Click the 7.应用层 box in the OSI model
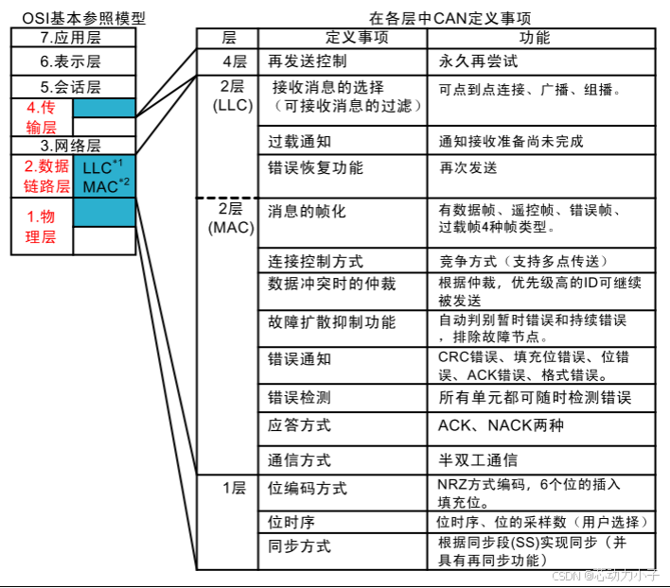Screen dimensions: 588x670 [72, 38]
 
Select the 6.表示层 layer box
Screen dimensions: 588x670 [72, 61]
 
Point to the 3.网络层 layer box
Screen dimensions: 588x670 [72, 146]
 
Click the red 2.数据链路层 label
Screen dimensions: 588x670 [41, 175]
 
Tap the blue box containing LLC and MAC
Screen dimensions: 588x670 [103, 176]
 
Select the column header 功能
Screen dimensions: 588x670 [536, 39]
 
